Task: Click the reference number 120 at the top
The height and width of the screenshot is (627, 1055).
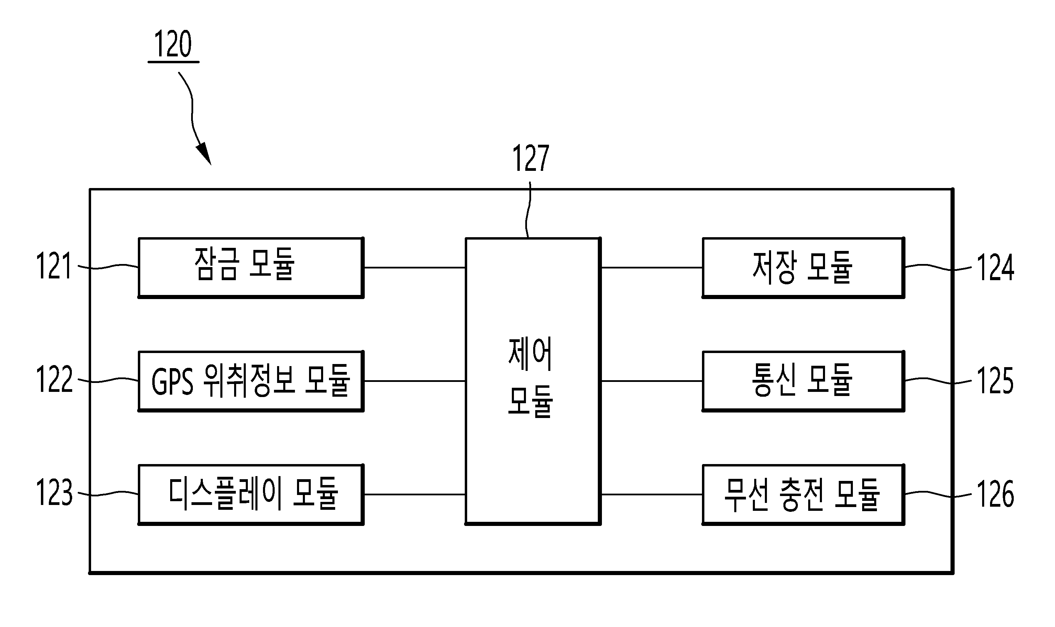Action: click(173, 44)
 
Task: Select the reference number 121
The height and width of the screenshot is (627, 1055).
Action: click(54, 266)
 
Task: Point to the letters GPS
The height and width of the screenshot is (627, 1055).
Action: click(172, 382)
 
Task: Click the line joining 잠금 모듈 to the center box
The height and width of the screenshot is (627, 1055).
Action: click(415, 267)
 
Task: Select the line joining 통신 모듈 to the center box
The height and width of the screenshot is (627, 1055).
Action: click(651, 381)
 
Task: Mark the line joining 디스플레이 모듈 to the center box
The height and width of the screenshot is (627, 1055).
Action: click(415, 494)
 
